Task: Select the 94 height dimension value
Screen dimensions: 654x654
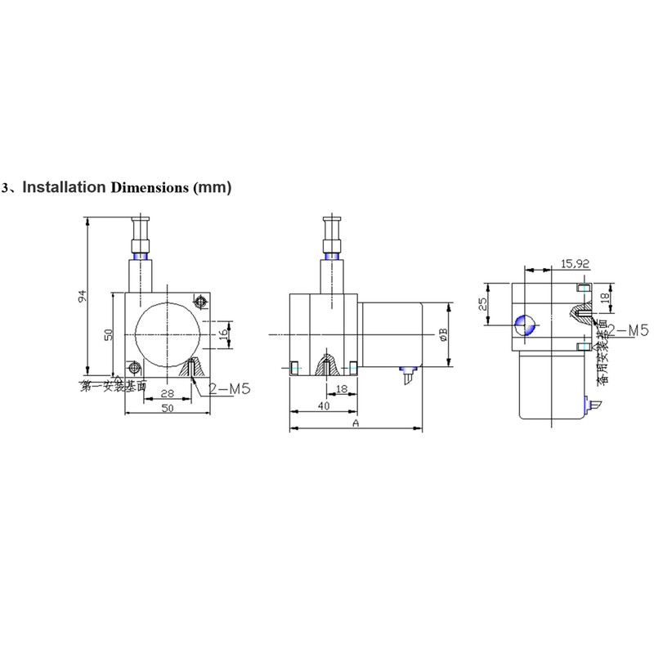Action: point(82,298)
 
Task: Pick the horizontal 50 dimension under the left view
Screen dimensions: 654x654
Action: point(167,408)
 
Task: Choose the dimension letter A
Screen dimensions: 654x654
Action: point(356,423)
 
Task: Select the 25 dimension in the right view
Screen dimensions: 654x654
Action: point(483,303)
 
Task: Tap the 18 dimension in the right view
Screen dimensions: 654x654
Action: point(606,299)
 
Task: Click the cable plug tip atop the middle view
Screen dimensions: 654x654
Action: point(331,222)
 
